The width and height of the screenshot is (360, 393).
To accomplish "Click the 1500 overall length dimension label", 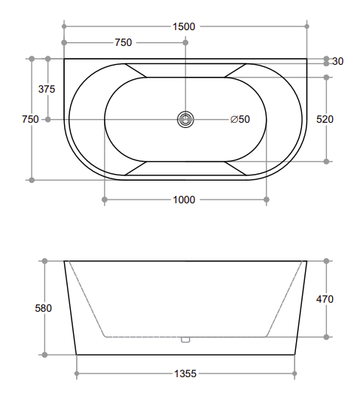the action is coord(184,26).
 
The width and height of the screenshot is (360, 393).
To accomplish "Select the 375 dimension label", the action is coord(47,89).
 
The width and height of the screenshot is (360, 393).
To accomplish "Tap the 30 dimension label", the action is coord(337,61).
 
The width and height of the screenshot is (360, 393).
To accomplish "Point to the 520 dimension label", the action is coord(325,119).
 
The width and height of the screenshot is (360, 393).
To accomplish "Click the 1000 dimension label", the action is coord(184,200).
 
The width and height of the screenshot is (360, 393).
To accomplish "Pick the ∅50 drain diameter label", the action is coord(240,119).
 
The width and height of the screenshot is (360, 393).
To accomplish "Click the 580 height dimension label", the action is coord(44,308).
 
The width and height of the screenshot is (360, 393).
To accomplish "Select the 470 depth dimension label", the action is coord(325,299).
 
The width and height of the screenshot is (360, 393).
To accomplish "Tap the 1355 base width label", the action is coord(185,373).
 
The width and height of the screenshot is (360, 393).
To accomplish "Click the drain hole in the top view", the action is coord(185,120).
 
